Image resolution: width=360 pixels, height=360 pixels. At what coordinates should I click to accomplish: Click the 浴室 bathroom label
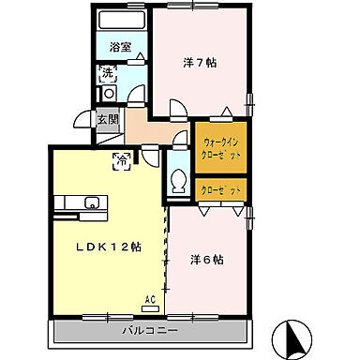click(x=119, y=45)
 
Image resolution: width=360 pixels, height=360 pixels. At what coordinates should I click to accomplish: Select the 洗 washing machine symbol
click(x=108, y=71)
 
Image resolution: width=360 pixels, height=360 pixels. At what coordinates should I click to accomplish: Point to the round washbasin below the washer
click(x=109, y=93)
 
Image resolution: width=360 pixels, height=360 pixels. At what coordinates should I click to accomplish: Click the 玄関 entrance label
click(x=107, y=119)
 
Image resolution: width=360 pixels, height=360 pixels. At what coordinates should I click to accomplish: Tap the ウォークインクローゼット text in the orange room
click(x=222, y=148)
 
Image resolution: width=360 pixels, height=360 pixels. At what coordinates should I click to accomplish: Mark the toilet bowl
click(x=178, y=182)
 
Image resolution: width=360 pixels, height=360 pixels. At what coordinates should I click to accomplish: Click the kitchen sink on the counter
click(x=92, y=202)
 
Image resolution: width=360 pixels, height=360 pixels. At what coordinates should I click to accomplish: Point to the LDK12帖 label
click(x=109, y=247)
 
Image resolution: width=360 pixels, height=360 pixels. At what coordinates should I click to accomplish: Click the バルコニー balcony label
click(x=149, y=331)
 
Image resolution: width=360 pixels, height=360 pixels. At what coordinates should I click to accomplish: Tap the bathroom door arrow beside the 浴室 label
click(x=141, y=56)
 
